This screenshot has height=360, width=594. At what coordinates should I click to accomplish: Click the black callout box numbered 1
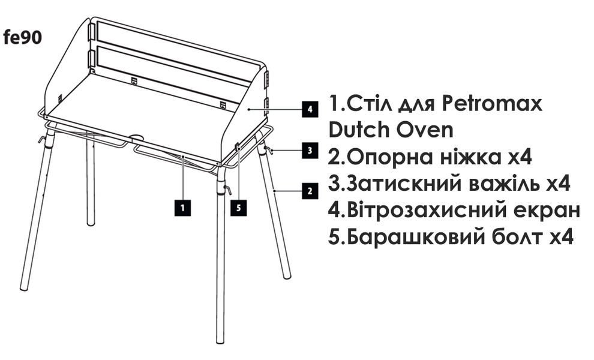(182, 208)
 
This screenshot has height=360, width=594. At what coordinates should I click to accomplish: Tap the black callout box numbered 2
(310, 191)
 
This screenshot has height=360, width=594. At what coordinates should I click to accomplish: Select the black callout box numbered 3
(310, 151)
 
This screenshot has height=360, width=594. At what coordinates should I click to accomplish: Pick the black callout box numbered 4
(308, 110)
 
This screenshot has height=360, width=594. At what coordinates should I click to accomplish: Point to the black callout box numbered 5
(238, 208)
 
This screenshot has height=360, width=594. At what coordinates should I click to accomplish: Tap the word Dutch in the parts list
(359, 129)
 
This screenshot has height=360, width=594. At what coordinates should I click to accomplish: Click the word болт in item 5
(514, 236)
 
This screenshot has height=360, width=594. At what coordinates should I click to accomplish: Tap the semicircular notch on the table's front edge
(137, 137)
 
